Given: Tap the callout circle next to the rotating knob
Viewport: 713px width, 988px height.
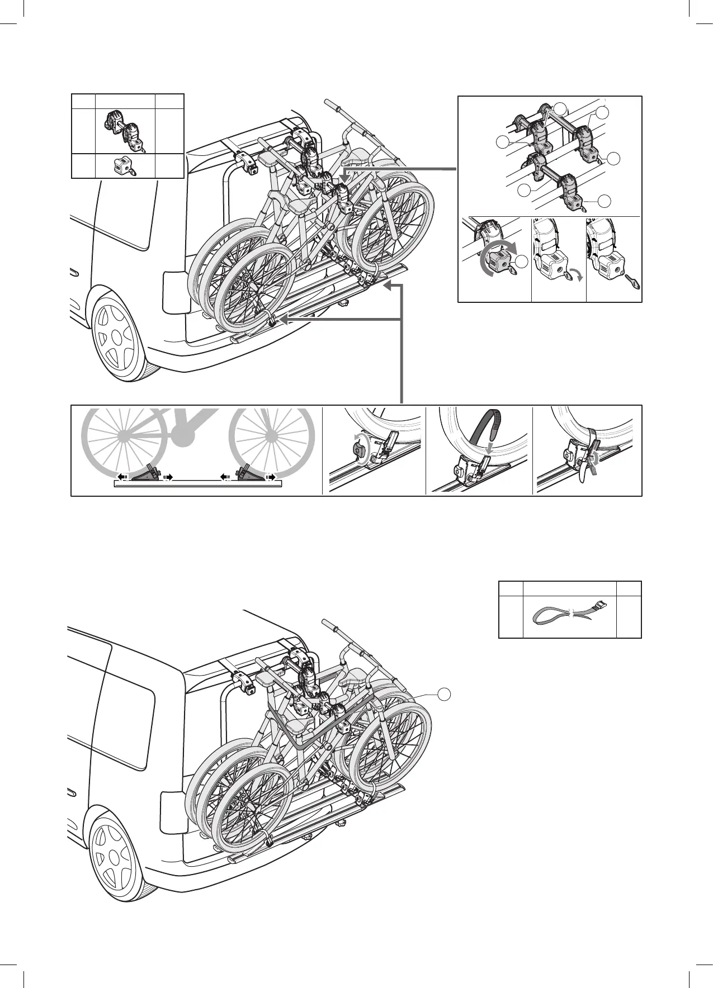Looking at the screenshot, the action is pyautogui.click(x=522, y=262).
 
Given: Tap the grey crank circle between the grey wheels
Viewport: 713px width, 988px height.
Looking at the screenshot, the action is pyautogui.click(x=183, y=435).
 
